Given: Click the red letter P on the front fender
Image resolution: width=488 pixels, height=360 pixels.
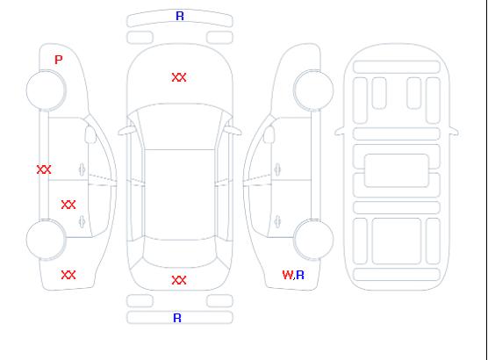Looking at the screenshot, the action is click(59, 60).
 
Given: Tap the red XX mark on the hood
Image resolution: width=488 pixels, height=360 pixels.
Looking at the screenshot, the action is click(179, 77).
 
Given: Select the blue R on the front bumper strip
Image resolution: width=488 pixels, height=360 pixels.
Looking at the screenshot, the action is click(180, 16).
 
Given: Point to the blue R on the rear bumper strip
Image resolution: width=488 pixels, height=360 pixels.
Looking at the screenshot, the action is click(177, 318).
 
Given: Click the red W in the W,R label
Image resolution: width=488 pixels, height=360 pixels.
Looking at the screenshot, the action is click(287, 275).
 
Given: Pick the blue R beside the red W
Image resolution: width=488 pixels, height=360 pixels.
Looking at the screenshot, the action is click(300, 275).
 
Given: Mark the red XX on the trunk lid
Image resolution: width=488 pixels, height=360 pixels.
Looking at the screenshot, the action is click(179, 280).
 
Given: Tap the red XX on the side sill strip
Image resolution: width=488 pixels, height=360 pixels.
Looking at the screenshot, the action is click(44, 169).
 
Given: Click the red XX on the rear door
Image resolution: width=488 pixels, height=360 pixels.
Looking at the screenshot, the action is click(68, 205).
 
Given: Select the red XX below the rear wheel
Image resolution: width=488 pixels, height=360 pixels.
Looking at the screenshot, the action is click(68, 275).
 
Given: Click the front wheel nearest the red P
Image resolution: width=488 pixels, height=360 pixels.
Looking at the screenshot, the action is click(46, 90).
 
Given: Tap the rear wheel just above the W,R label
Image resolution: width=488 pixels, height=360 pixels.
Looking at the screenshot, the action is click(313, 240).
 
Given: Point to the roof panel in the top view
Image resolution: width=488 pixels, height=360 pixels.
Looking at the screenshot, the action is click(180, 195).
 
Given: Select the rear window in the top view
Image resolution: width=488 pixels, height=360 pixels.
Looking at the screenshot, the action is click(180, 252).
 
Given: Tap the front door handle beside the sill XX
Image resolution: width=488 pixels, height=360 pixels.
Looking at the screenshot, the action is click(83, 169).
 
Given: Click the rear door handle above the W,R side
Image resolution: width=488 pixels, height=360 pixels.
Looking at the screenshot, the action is click(277, 221).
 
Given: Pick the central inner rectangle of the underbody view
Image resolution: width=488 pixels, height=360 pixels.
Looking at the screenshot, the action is click(397, 170).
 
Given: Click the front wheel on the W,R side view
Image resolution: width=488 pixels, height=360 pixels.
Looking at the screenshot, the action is click(313, 90).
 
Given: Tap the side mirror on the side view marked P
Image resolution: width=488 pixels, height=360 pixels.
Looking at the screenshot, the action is click(90, 134).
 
